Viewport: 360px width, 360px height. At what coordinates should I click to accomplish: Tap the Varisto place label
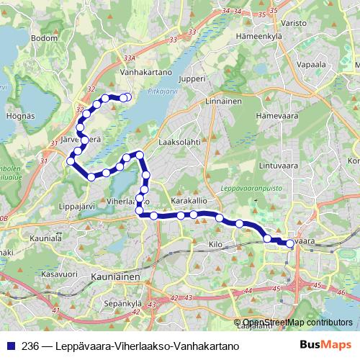[294, 23]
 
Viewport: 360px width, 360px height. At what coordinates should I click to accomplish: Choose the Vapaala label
[309, 63]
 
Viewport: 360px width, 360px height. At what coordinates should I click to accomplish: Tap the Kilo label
[215, 246]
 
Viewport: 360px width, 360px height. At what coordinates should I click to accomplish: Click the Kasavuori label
[59, 274]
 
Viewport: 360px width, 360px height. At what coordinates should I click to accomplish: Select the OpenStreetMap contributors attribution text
[297, 323]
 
